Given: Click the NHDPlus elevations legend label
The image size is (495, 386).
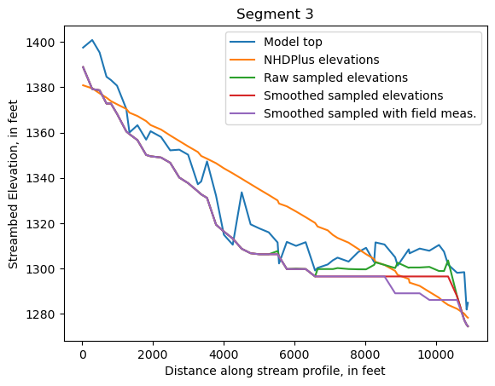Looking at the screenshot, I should click(x=322, y=60).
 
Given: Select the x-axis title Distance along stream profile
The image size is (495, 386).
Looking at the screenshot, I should click(x=275, y=371).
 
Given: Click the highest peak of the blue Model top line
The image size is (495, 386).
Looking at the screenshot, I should click(x=92, y=40).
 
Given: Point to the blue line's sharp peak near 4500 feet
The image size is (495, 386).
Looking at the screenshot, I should click(x=242, y=192).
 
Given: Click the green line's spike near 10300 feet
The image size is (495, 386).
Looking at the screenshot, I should click(x=448, y=261).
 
